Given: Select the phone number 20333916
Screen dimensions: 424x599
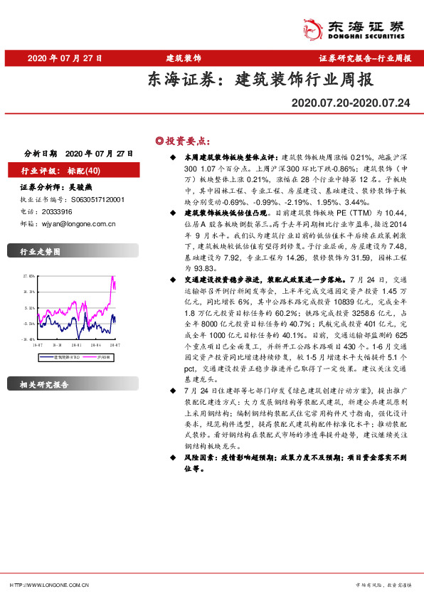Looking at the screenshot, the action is (x=56, y=212).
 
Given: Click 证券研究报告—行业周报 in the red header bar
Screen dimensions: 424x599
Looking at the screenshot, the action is (x=365, y=58).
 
